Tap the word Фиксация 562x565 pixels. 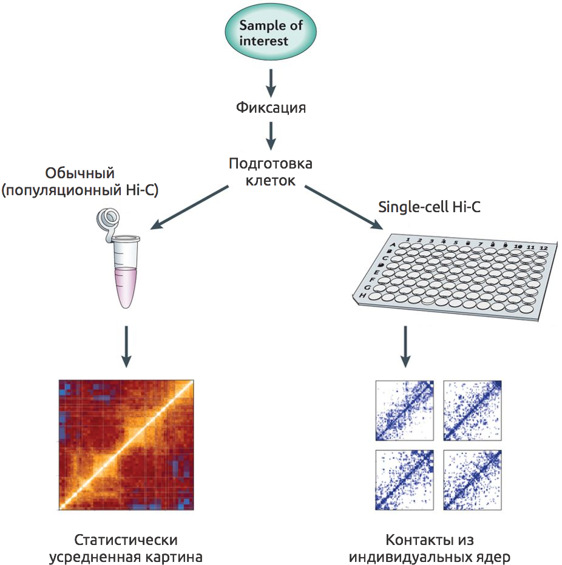pyautogui.click(x=271, y=109)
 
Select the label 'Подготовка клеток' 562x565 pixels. pyautogui.click(x=271, y=172)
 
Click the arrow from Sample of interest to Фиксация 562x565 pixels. pyautogui.click(x=271, y=82)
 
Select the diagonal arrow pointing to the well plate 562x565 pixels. pyautogui.click(x=344, y=207)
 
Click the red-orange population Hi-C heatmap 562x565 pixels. pyautogui.click(x=126, y=446)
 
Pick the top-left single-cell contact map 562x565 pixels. pyautogui.click(x=404, y=410)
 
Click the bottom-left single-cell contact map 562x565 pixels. pyautogui.click(x=404, y=479)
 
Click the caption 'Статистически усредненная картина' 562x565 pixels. pyautogui.click(x=126, y=548)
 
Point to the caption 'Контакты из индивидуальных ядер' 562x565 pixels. pyautogui.click(x=430, y=548)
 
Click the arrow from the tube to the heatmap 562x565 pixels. pyautogui.click(x=126, y=346)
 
